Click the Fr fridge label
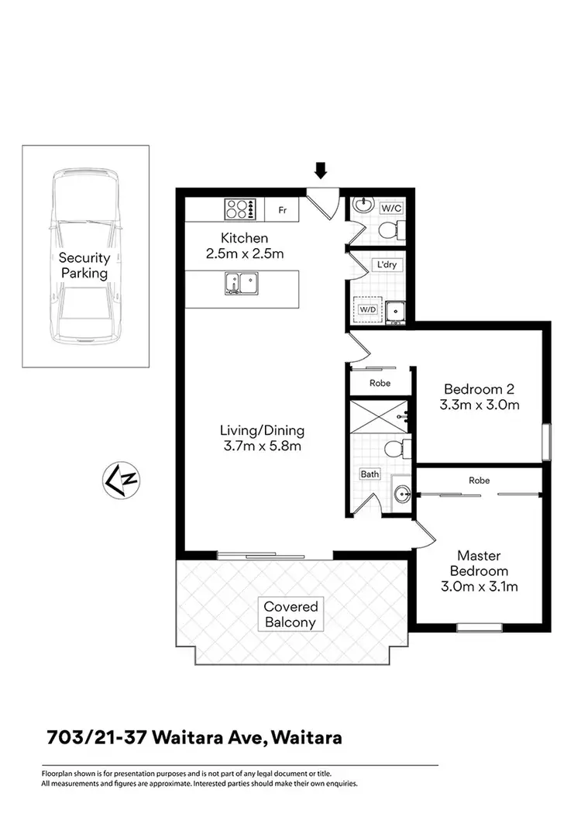(x=282, y=209)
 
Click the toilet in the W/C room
(x=397, y=229)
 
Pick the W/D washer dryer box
(x=367, y=309)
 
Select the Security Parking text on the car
(x=84, y=265)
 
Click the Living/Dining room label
(x=262, y=430)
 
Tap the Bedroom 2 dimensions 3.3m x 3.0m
(x=480, y=404)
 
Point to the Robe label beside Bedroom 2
(x=380, y=383)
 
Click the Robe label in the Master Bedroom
(x=480, y=481)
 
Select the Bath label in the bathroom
(x=369, y=474)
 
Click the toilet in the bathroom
(x=394, y=448)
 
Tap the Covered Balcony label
(x=290, y=615)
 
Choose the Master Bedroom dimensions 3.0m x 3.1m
(x=479, y=586)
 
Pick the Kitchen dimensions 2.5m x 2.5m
(x=245, y=253)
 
